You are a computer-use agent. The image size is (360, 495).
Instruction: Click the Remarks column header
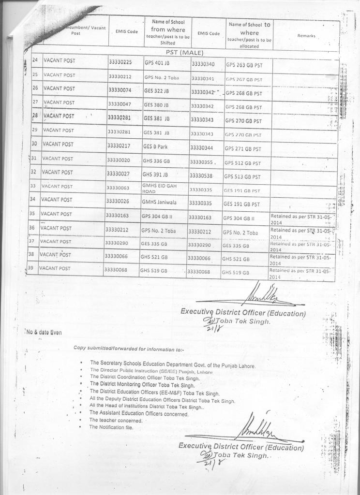(x=306, y=35)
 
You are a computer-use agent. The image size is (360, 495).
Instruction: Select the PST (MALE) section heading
(x=184, y=52)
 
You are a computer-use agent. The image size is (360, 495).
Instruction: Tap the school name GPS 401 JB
(x=156, y=63)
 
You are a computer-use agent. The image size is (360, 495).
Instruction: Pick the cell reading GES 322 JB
(x=155, y=90)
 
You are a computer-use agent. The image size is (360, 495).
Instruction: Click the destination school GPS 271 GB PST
(x=242, y=149)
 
